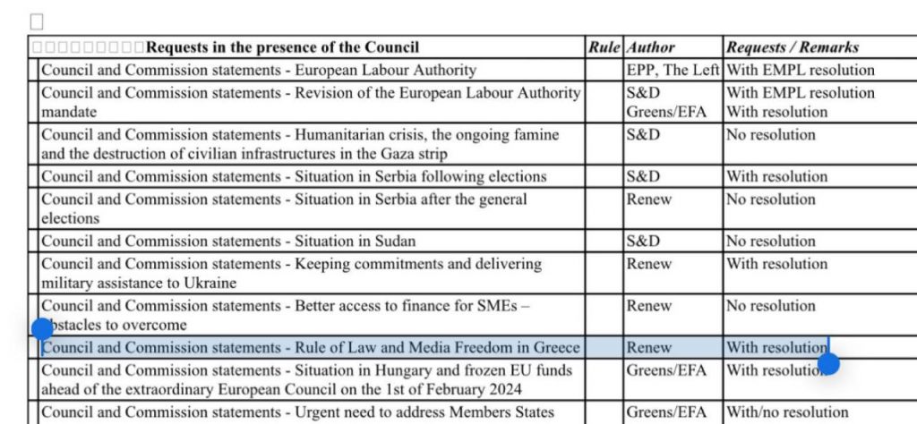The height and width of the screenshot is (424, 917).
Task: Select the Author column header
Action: point(651,47)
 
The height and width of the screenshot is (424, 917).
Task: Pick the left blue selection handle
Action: point(42,328)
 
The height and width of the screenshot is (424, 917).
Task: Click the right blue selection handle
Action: point(829,363)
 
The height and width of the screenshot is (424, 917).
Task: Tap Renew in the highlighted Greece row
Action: point(649,347)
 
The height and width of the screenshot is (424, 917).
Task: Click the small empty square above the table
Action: point(37,21)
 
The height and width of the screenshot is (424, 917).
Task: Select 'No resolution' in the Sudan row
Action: point(771,241)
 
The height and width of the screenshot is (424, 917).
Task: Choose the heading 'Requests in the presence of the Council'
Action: point(282,47)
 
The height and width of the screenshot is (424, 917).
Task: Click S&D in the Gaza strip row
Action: point(644,135)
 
